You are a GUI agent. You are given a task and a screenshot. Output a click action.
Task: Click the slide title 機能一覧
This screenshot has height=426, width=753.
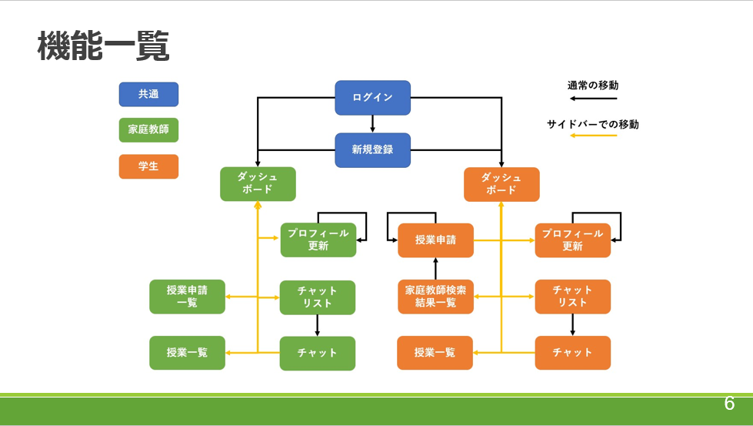pyautogui.click(x=103, y=47)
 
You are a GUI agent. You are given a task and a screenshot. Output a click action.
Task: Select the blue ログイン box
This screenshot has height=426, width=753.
pyautogui.click(x=372, y=98)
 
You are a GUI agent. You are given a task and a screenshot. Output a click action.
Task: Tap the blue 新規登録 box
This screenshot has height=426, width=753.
pyautogui.click(x=372, y=149)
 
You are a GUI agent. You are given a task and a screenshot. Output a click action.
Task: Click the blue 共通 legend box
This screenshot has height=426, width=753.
pyautogui.click(x=148, y=95)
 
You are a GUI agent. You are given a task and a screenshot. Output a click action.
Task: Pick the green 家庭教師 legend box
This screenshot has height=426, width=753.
pyautogui.click(x=148, y=130)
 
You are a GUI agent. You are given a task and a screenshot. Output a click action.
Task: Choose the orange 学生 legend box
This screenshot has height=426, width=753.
pyautogui.click(x=148, y=166)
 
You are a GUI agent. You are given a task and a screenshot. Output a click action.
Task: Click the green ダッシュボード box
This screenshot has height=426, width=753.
pyautogui.click(x=258, y=184)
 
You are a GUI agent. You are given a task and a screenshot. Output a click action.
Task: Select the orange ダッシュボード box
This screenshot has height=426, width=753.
pyautogui.click(x=501, y=184)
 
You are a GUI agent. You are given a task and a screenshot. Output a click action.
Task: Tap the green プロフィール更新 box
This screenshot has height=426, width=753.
pyautogui.click(x=318, y=240)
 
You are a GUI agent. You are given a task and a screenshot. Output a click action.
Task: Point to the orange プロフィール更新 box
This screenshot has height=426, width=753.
pyautogui.click(x=572, y=240)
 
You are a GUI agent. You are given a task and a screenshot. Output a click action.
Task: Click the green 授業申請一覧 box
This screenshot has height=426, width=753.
pyautogui.click(x=187, y=297)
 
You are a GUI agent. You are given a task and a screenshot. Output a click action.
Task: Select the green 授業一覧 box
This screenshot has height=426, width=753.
pyautogui.click(x=187, y=353)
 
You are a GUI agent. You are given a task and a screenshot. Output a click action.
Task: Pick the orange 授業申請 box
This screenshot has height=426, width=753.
pyautogui.click(x=435, y=240)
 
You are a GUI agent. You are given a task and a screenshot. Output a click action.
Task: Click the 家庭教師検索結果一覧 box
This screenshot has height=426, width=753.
pyautogui.click(x=435, y=297)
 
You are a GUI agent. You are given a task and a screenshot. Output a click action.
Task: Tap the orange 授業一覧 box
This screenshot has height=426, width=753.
pyautogui.click(x=435, y=353)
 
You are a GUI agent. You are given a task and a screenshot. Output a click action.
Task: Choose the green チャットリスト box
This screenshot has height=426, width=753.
pyautogui.click(x=318, y=297)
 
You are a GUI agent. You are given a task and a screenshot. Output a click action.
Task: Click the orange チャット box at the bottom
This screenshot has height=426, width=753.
pyautogui.click(x=572, y=353)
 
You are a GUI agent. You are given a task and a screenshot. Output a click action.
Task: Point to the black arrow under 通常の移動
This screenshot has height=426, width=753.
pyautogui.click(x=593, y=99)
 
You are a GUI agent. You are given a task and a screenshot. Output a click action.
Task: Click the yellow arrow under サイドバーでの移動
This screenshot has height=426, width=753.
pyautogui.click(x=593, y=136)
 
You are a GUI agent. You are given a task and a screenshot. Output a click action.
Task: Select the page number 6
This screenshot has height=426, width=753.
pyautogui.click(x=728, y=404)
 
